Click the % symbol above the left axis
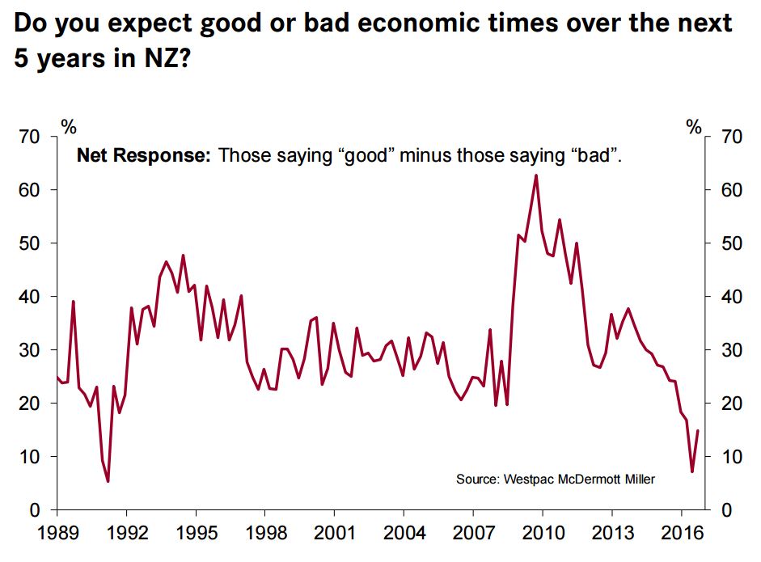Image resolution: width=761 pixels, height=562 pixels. [x=69, y=126]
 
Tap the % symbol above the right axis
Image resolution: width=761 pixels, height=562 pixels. [x=694, y=126]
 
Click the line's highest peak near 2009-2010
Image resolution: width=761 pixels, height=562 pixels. [x=535, y=175]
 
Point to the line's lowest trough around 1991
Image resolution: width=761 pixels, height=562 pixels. [x=108, y=481]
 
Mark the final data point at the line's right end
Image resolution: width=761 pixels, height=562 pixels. [x=698, y=431]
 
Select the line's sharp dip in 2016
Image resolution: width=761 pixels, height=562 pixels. [x=691, y=471]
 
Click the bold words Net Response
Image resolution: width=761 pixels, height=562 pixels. [x=142, y=156]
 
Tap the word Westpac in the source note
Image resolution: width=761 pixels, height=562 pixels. [x=529, y=480]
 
